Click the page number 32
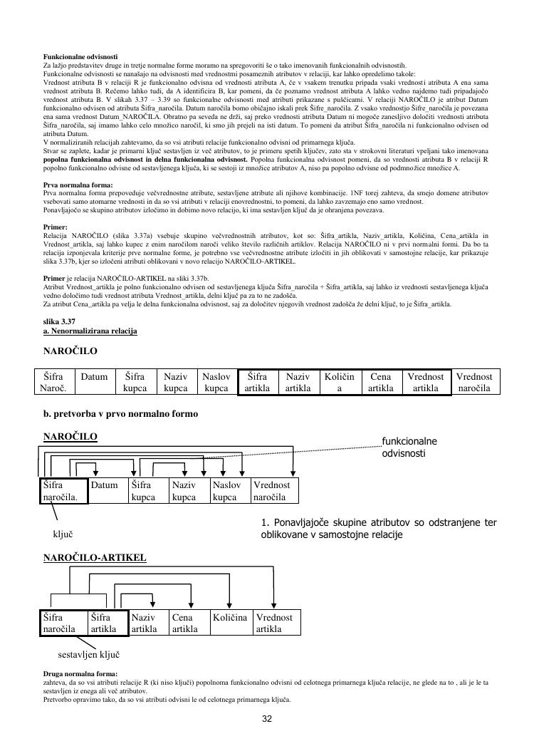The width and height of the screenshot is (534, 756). (267, 718)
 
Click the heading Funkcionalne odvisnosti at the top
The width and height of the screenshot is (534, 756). (80, 56)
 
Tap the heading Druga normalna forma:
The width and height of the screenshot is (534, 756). (80, 673)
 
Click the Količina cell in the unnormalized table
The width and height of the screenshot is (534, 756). (340, 382)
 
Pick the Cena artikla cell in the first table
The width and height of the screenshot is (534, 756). (381, 382)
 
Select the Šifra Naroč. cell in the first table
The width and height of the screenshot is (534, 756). (54, 382)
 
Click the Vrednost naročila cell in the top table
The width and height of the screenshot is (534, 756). (474, 382)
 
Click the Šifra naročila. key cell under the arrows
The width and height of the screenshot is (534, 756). (63, 491)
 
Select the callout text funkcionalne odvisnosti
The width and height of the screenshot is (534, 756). (409, 447)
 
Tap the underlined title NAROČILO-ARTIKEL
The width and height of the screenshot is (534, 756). (95, 556)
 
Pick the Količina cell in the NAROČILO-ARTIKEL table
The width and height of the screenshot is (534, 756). (230, 618)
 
